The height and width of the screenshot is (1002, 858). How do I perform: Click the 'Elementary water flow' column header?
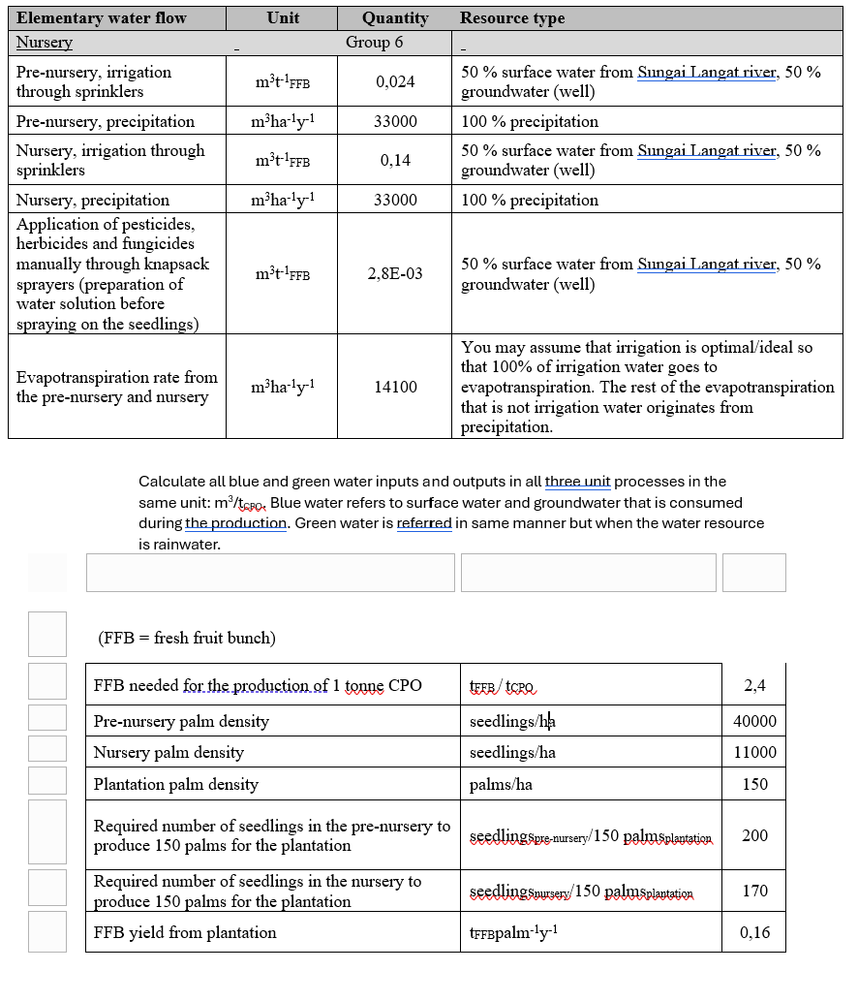tap(102, 17)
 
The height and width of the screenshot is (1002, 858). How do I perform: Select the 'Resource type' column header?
tap(512, 17)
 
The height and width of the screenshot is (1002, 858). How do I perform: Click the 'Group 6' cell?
tap(374, 43)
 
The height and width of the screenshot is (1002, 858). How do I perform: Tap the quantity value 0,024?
tap(395, 82)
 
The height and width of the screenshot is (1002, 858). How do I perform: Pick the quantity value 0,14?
tap(395, 161)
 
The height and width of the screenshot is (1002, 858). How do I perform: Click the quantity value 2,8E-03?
tap(395, 274)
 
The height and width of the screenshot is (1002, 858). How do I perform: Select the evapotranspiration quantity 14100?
tap(395, 388)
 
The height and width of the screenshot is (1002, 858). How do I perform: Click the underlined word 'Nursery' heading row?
tap(45, 43)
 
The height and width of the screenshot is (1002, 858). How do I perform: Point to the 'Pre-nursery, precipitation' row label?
tap(106, 122)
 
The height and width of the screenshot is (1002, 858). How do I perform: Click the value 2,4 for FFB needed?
tap(754, 686)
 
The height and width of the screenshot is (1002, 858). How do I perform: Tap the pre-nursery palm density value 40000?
tap(754, 721)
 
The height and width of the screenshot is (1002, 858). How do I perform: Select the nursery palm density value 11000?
tap(754, 752)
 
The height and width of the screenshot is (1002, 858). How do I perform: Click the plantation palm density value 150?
tap(754, 785)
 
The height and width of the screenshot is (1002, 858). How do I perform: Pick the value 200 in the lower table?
tap(754, 835)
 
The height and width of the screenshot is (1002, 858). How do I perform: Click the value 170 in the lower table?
tap(754, 891)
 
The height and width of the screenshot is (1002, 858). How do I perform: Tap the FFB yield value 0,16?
tap(754, 933)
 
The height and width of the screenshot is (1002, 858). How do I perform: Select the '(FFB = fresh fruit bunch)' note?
tap(187, 638)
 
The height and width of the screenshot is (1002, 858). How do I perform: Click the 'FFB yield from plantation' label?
tap(185, 933)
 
